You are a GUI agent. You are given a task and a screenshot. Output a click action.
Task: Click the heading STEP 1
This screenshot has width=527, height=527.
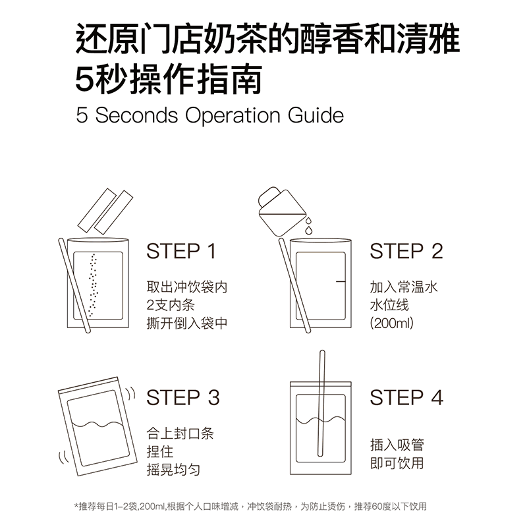pyautogui.click(x=181, y=251)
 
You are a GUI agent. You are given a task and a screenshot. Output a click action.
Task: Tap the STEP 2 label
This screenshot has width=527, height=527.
pyautogui.click(x=406, y=251)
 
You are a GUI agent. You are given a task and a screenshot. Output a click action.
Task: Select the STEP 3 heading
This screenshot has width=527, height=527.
pyautogui.click(x=182, y=397)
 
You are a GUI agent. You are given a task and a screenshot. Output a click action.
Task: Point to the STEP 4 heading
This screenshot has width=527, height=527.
pyautogui.click(x=406, y=397)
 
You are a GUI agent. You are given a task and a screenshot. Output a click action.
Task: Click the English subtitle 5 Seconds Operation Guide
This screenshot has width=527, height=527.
pyautogui.click(x=209, y=115)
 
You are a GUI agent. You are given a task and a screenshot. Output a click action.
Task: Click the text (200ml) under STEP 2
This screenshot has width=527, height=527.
pyautogui.click(x=391, y=323)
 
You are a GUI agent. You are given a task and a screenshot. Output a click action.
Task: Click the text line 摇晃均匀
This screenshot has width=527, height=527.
pyautogui.click(x=173, y=470)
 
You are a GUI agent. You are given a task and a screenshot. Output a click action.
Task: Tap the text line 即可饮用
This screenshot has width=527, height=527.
pyautogui.click(x=397, y=463)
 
